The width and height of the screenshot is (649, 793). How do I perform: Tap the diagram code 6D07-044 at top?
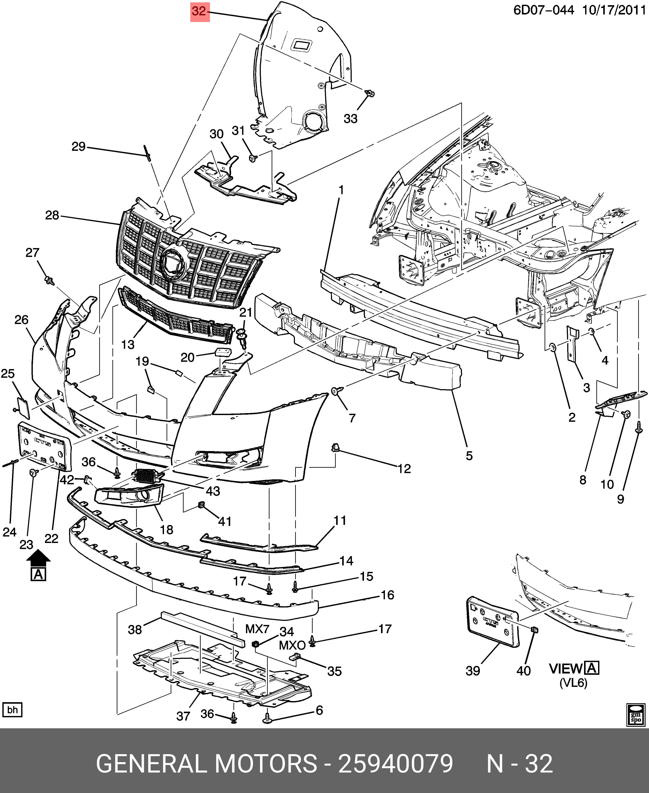click(543, 10)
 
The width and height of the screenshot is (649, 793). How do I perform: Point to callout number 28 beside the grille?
click(52, 215)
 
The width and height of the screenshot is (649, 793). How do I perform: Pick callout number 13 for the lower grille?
click(128, 344)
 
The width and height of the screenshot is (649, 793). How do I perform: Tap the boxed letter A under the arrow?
click(38, 574)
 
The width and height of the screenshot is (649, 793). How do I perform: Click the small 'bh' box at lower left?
click(12, 710)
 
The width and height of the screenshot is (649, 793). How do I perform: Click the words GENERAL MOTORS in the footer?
click(207, 763)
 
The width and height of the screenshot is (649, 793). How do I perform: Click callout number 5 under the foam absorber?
click(469, 456)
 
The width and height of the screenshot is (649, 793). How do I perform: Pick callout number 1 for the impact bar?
click(341, 190)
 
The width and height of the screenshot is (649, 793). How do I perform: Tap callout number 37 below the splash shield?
click(183, 716)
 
